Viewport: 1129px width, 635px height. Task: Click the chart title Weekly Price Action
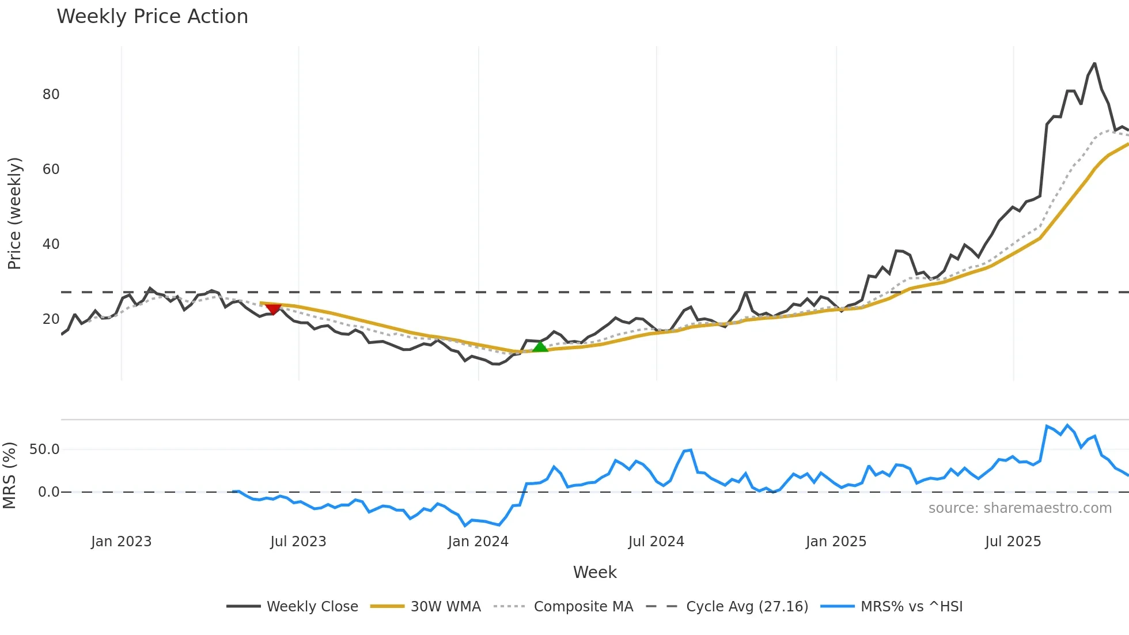[x=152, y=17]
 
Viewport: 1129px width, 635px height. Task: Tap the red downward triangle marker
[x=272, y=309]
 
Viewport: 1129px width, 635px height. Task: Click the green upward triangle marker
[x=540, y=346]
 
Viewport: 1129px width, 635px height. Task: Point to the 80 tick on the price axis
[x=51, y=95]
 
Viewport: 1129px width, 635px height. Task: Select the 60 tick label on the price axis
[x=51, y=169]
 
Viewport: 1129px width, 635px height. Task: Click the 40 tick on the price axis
[x=51, y=244]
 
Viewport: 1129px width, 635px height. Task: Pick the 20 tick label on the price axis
[x=51, y=319]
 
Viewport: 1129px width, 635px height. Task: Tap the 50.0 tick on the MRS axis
[x=44, y=449]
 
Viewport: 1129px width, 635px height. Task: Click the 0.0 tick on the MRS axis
[x=48, y=492]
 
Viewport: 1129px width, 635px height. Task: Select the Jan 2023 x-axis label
[x=121, y=542]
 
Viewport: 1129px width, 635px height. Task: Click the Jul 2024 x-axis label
[x=656, y=542]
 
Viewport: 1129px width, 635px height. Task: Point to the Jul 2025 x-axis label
[x=1013, y=542]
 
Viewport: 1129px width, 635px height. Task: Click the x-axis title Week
[x=594, y=572]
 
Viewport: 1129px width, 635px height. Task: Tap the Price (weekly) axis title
[x=14, y=213]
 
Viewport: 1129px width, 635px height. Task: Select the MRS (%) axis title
[x=9, y=475]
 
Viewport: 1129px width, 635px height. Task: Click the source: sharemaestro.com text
[x=1020, y=508]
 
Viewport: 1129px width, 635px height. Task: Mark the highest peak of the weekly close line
[x=1094, y=64]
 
